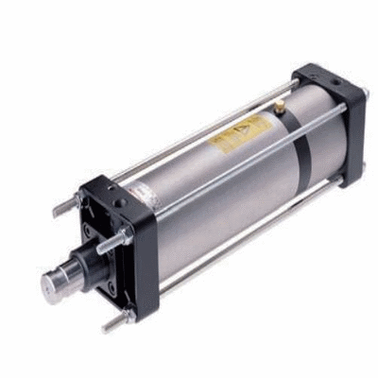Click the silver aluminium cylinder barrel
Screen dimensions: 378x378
click(x=217, y=170)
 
